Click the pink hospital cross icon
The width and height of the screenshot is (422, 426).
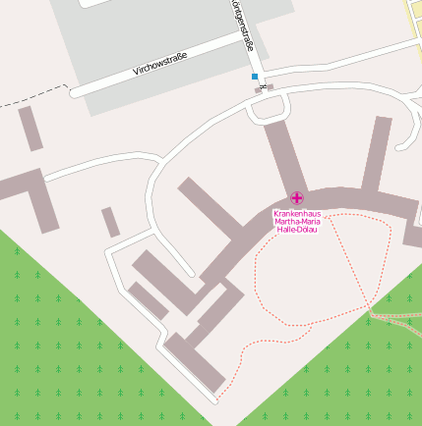pos(297,199)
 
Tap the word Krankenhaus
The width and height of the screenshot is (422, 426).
pos(297,213)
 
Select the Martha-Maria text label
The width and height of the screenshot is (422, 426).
pos(297,222)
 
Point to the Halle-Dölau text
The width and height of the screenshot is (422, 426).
pos(297,230)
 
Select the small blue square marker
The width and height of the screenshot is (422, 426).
pos(255,77)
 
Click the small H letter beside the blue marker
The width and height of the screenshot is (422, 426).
pos(264,87)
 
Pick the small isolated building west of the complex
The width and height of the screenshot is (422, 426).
pos(110,222)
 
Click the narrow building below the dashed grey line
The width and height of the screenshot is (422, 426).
pos(30,128)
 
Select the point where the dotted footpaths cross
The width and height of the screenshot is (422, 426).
pos(372,312)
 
